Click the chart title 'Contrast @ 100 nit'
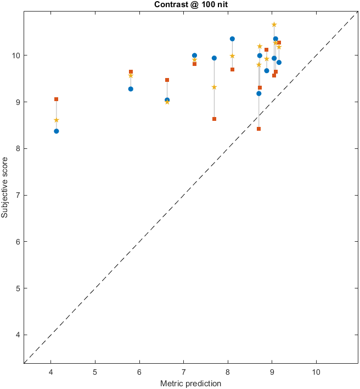pyautogui.click(x=190, y=4)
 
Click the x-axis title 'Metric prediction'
pyautogui.click(x=190, y=383)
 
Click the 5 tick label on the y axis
pyautogui.click(x=17, y=288)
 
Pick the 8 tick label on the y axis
pyautogui.click(x=17, y=149)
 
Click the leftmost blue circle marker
pyautogui.click(x=57, y=131)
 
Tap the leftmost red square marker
pyautogui.click(x=57, y=99)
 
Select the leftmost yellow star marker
pyautogui.click(x=57, y=120)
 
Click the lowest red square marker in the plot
pyautogui.click(x=258, y=129)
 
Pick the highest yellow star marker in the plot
pyautogui.click(x=274, y=25)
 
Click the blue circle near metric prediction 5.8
pyautogui.click(x=131, y=89)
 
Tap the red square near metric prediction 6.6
pyautogui.click(x=167, y=80)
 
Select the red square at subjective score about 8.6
pyautogui.click(x=214, y=119)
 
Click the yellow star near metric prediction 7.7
pyautogui.click(x=214, y=87)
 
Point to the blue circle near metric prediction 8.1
pyautogui.click(x=232, y=39)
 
